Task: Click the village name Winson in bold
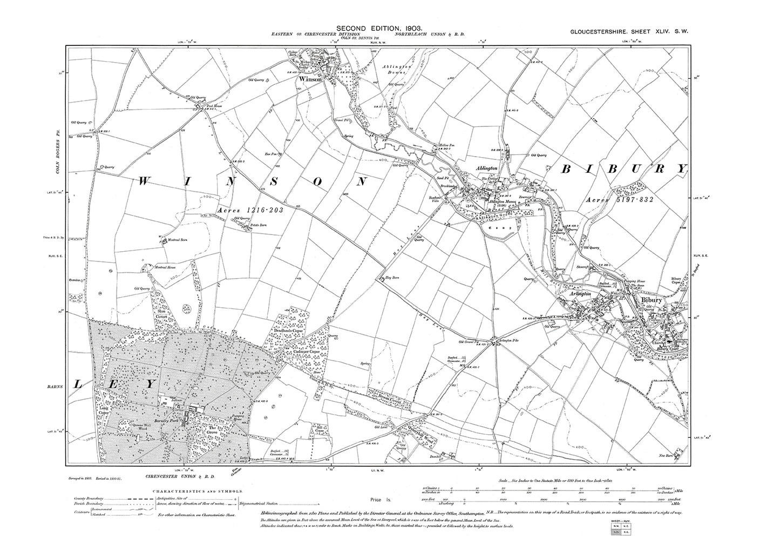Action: pos(311,79)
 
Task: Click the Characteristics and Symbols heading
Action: pos(198,492)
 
